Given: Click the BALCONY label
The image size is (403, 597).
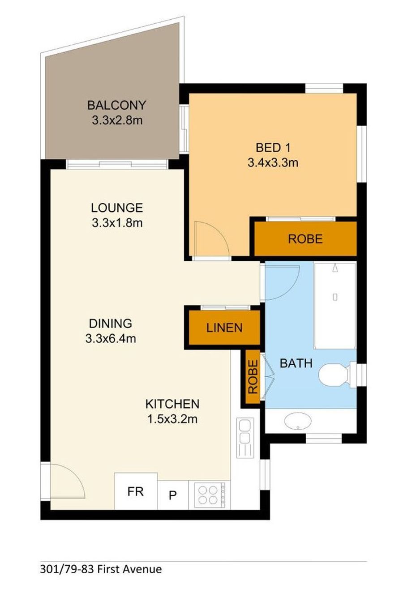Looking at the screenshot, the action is pyautogui.click(x=116, y=105).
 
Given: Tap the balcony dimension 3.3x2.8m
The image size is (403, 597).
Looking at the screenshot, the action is pyautogui.click(x=117, y=120).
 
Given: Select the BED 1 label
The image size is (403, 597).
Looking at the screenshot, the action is pyautogui.click(x=273, y=148).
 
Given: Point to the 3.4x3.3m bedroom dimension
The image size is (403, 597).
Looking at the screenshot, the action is pyautogui.click(x=273, y=162).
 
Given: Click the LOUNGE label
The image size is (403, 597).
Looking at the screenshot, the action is pyautogui.click(x=117, y=208).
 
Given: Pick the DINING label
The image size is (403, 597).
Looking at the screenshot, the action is pyautogui.click(x=111, y=324).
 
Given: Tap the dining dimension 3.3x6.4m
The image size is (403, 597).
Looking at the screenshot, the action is pyautogui.click(x=111, y=339).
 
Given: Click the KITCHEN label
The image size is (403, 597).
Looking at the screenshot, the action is pyautogui.click(x=172, y=404).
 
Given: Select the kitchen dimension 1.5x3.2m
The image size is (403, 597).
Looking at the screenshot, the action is pyautogui.click(x=172, y=419).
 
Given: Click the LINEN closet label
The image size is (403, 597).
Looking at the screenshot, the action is pyautogui.click(x=224, y=328).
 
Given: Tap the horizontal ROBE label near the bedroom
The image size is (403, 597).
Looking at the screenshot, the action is pyautogui.click(x=305, y=239).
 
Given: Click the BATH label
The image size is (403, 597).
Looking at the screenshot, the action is pyautogui.click(x=296, y=363).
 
